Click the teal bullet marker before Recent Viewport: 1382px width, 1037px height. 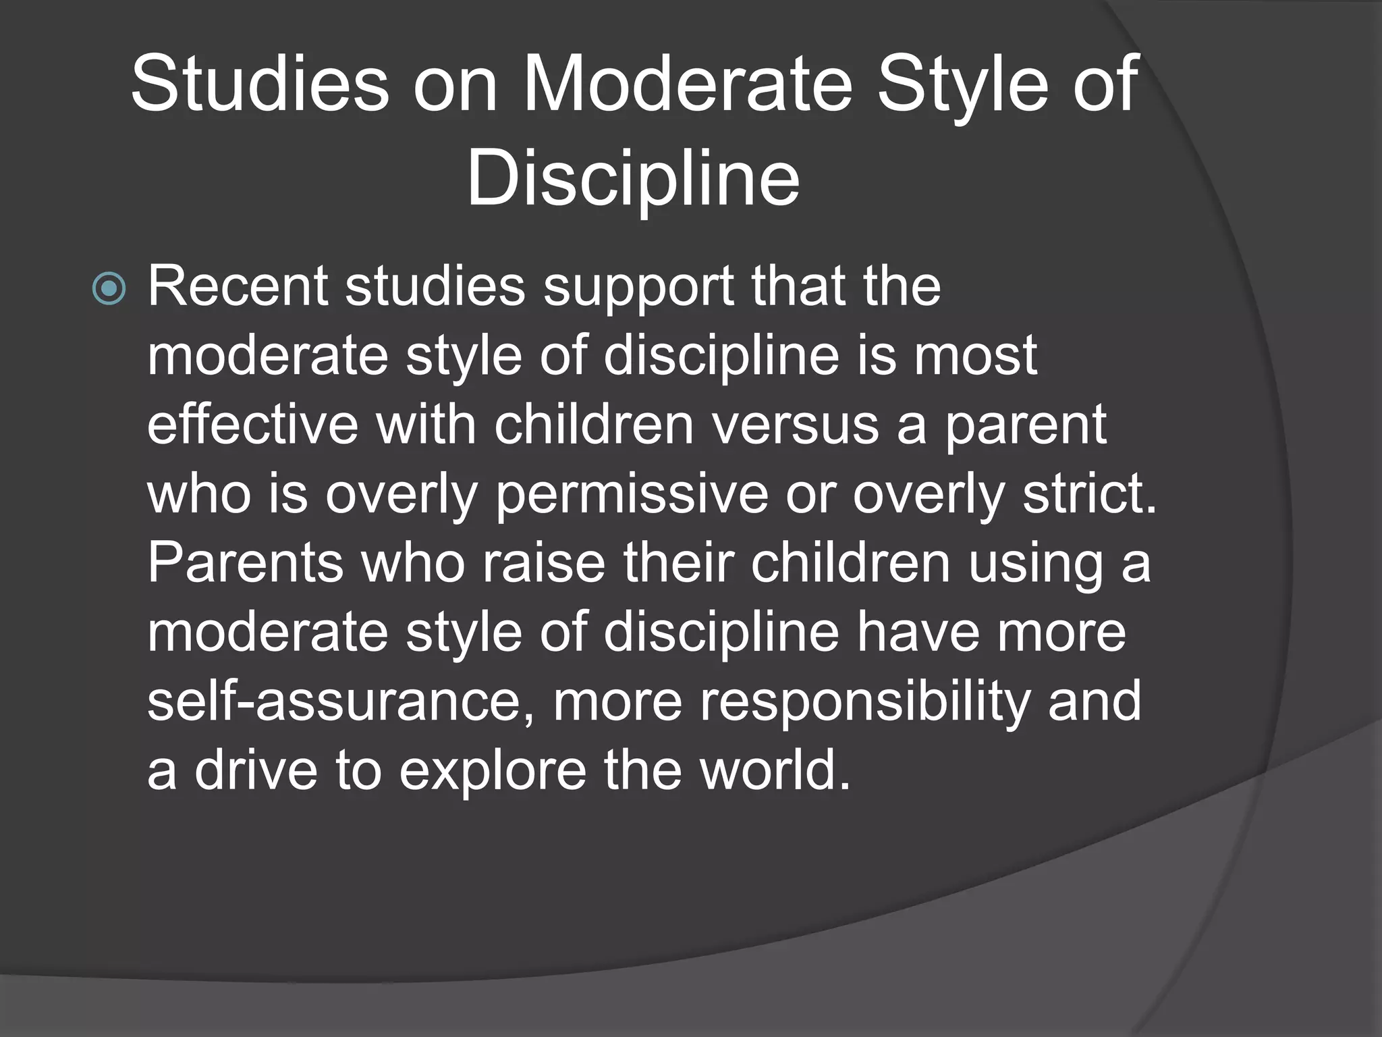pos(109,289)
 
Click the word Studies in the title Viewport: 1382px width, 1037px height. pos(260,85)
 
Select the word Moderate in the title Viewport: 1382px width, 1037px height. pos(688,85)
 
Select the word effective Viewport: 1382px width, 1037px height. pos(252,425)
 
